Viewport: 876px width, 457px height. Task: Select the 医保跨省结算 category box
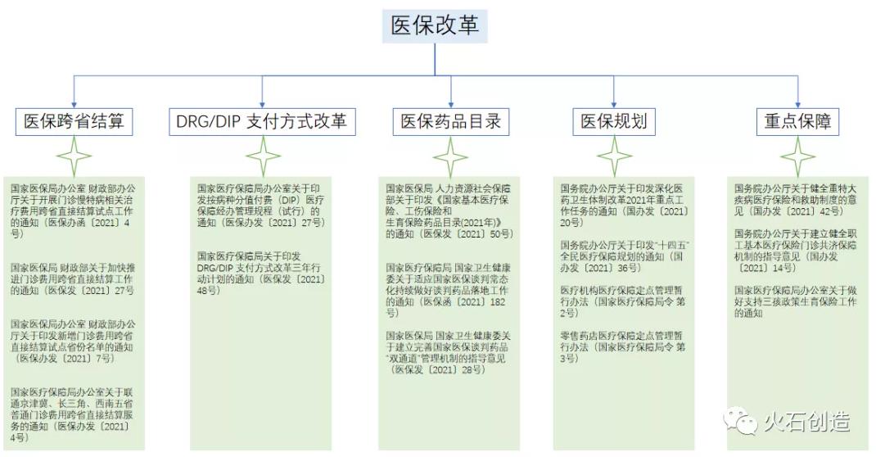75,122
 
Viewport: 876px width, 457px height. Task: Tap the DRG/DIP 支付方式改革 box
261,122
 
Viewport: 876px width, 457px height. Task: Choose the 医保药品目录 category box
449,122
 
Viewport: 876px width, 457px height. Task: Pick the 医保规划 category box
614,122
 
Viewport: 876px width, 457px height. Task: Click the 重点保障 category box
797,122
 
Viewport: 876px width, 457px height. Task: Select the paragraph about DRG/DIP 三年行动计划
261,268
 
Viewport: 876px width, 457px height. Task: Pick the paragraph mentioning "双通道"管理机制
449,352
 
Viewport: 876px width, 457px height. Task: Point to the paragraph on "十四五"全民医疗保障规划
622,256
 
